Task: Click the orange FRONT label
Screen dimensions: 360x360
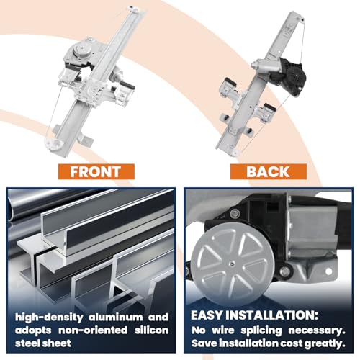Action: [96, 171]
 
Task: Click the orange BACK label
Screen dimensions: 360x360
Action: [269, 171]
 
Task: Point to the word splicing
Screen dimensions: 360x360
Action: [261, 330]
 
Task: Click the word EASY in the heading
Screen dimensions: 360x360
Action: [207, 315]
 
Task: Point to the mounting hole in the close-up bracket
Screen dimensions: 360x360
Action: [328, 271]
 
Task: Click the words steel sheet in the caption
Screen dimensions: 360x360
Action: [43, 343]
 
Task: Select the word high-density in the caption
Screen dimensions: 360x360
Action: [49, 318]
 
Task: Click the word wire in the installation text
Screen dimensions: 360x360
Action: [223, 330]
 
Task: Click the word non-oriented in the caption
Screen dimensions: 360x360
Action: [93, 330]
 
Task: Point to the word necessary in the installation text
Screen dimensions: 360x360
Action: [317, 330]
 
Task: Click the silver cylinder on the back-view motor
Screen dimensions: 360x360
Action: [264, 65]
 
